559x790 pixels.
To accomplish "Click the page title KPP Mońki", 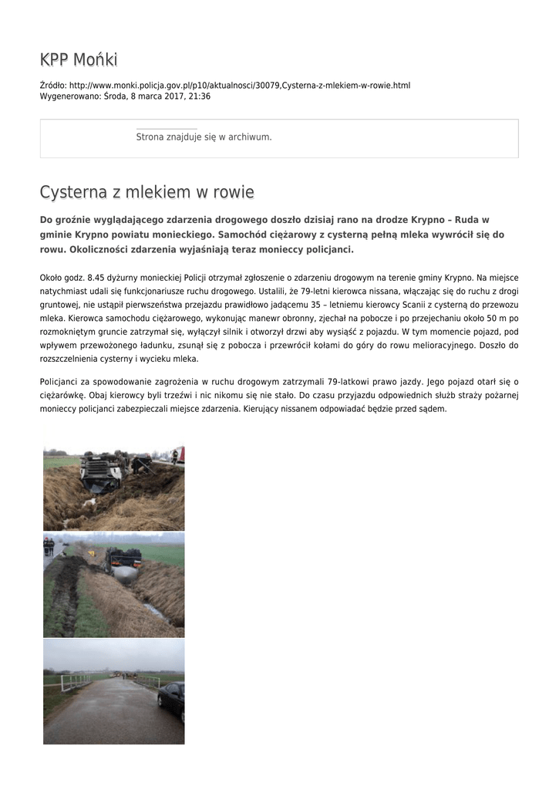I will [79, 59].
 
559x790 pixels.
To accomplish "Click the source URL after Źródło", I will [239, 85].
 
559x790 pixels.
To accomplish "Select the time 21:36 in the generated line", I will [200, 96].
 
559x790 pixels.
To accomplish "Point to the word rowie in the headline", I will [231, 192].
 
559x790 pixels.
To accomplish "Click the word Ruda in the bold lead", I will [467, 220].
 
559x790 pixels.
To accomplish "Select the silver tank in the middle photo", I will [125, 572].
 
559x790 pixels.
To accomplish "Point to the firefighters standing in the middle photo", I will [49, 545].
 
